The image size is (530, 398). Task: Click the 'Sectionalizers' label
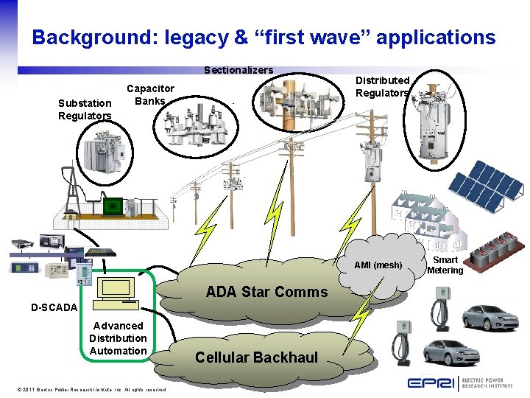coord(239,70)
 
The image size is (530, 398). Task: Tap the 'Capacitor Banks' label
coord(150,94)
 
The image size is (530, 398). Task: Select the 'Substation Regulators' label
coord(85,110)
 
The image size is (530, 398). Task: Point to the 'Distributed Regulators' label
coord(383,86)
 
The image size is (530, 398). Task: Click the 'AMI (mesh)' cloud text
coord(378,265)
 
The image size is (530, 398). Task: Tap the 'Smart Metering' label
coord(445,265)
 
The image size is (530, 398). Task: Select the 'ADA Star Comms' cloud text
coord(266,292)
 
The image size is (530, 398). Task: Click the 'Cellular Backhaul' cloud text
coord(256,357)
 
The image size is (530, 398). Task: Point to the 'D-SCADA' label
coord(54,307)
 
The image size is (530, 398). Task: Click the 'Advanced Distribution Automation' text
coord(118,338)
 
